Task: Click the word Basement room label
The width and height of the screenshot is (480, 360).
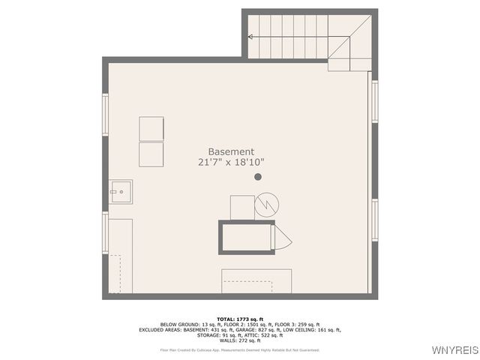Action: [x=231, y=151]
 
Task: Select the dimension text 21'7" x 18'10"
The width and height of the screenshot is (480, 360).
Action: [x=231, y=162]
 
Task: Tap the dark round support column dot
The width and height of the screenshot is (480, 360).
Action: [x=258, y=177]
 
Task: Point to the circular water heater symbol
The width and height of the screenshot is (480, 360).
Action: [x=266, y=205]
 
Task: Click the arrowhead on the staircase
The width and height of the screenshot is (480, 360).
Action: [x=250, y=36]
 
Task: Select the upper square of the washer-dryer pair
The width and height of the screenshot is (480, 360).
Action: [x=151, y=128]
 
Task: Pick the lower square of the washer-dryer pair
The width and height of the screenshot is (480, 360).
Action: [x=151, y=154]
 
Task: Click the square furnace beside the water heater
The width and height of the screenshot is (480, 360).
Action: [x=242, y=207]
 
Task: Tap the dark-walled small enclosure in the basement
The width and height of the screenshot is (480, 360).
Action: [x=247, y=237]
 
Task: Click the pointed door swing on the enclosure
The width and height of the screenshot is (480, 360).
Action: [x=283, y=238]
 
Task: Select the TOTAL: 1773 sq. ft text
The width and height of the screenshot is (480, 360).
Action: [x=239, y=319]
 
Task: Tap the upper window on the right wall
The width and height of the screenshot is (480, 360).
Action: [x=374, y=102]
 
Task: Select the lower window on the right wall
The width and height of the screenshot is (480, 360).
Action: [x=374, y=221]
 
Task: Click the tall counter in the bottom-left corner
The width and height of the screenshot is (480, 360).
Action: [x=120, y=256]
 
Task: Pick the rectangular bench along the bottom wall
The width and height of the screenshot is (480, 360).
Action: [x=256, y=281]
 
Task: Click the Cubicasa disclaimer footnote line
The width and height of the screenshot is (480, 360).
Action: [x=239, y=349]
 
